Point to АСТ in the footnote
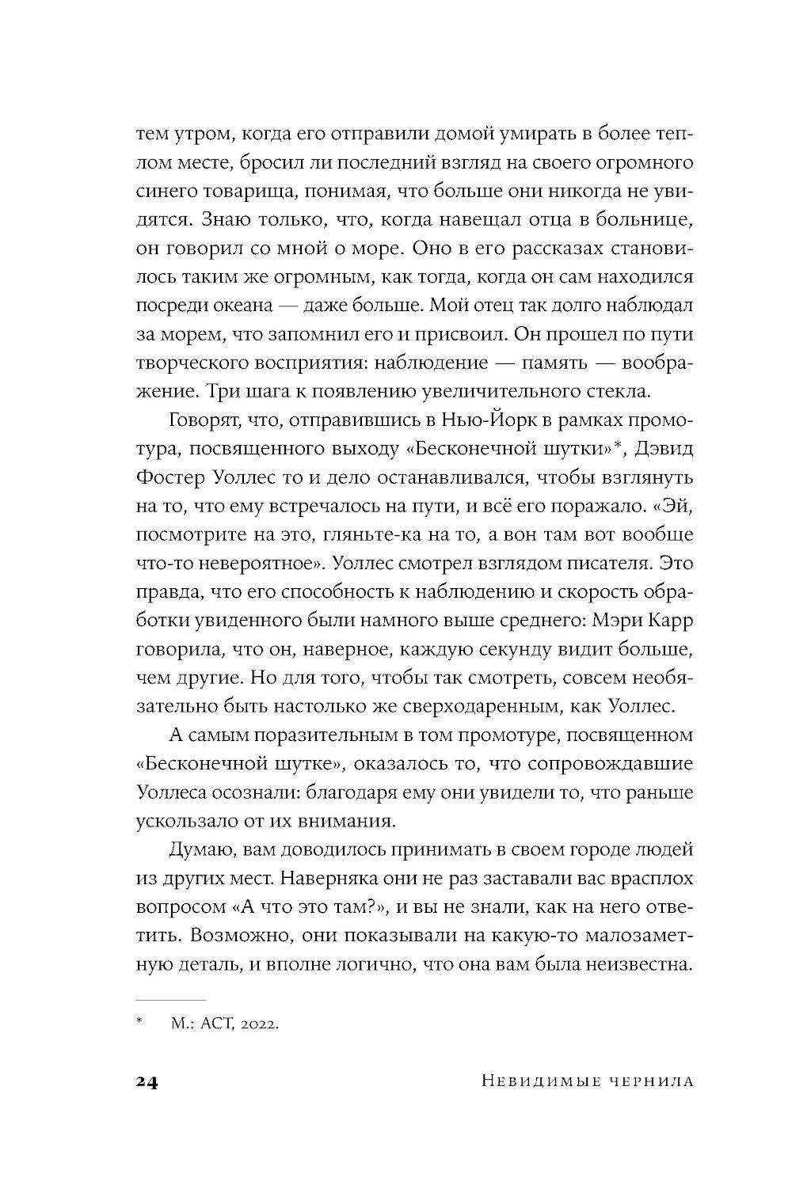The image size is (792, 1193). click(212, 1024)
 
